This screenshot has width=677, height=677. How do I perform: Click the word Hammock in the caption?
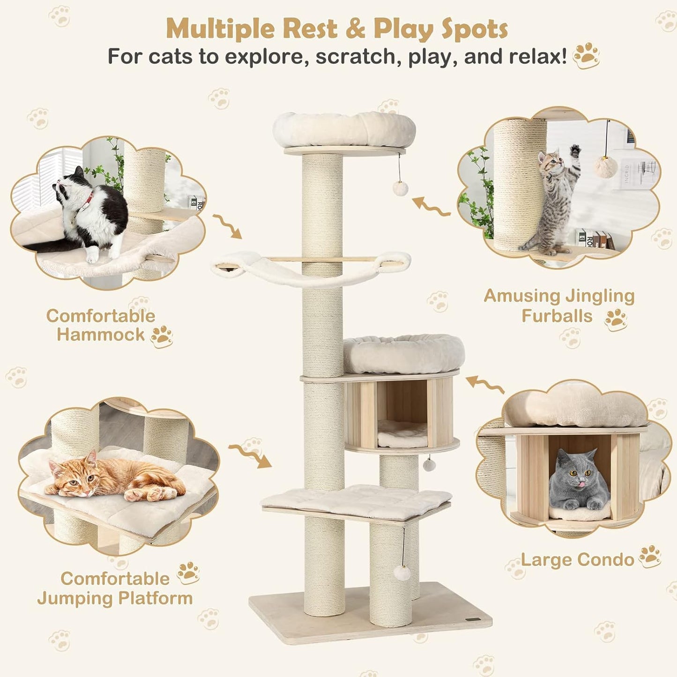coord(101,335)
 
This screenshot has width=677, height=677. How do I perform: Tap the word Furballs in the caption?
coord(557,316)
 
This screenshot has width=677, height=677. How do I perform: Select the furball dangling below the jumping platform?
coord(402,572)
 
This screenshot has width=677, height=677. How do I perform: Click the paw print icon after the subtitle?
coord(586,56)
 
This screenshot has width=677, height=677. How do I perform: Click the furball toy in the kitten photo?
coord(606,167)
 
